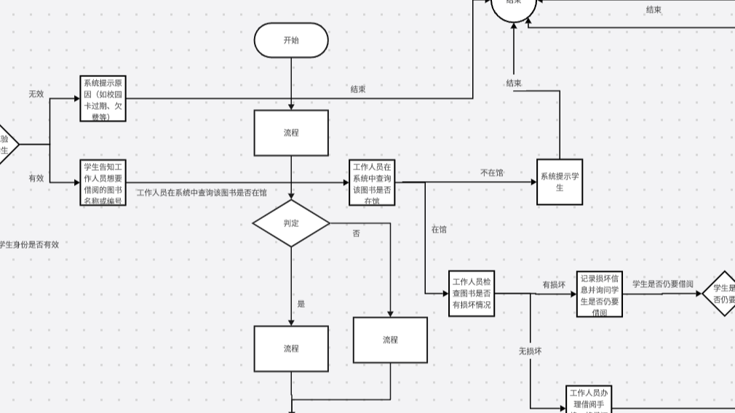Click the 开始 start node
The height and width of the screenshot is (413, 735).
coord(291,40)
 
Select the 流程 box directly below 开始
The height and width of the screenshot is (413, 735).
coord(291,133)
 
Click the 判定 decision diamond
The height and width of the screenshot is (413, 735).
coord(291,223)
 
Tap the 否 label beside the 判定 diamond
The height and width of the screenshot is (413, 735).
coord(356,233)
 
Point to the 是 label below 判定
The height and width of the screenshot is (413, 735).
coord(301,304)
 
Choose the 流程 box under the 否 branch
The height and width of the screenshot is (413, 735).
coord(390,340)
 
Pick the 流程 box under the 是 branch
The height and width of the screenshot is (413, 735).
coord(291,348)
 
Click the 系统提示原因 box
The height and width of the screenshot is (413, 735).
coord(103,99)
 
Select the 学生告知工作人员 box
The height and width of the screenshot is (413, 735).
coord(103,182)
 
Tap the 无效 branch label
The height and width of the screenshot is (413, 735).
coord(36,95)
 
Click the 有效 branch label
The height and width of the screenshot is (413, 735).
coord(36,178)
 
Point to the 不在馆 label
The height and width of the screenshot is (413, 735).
coord(492,173)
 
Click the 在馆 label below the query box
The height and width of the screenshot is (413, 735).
coord(439,229)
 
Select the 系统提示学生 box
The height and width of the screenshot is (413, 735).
coord(560,182)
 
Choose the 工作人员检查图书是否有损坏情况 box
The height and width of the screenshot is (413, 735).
coord(472,293)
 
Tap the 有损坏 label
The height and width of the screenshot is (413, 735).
coord(554,285)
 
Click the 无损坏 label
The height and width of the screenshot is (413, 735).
coord(530,350)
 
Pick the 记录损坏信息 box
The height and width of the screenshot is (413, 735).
coord(600,294)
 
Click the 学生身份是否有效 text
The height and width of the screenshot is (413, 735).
coord(29,245)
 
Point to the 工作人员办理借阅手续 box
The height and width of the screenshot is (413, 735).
coord(589,399)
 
